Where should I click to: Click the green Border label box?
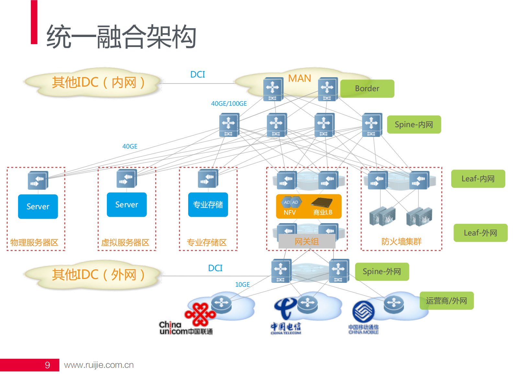pos(367,89)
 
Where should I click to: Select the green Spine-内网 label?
pos(414,125)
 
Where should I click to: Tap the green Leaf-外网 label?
pos(480,233)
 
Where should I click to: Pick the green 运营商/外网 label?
pos(446,301)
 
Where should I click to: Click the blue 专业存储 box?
pos(208,205)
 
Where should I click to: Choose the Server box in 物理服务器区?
pos(38,207)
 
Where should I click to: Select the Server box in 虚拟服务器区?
pos(127,205)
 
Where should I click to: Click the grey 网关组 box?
pos(307,241)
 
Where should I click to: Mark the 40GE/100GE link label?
pos(229,103)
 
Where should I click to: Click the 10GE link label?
pos(242,284)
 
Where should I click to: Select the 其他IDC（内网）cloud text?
pos(98,82)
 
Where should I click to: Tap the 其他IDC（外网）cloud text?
pos(98,275)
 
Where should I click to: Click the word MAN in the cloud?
pos(300,78)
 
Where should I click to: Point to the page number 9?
pos(47,365)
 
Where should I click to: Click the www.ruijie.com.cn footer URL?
pos(99,365)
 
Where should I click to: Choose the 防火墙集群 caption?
pos(401,242)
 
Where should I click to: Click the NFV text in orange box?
pos(290,212)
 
